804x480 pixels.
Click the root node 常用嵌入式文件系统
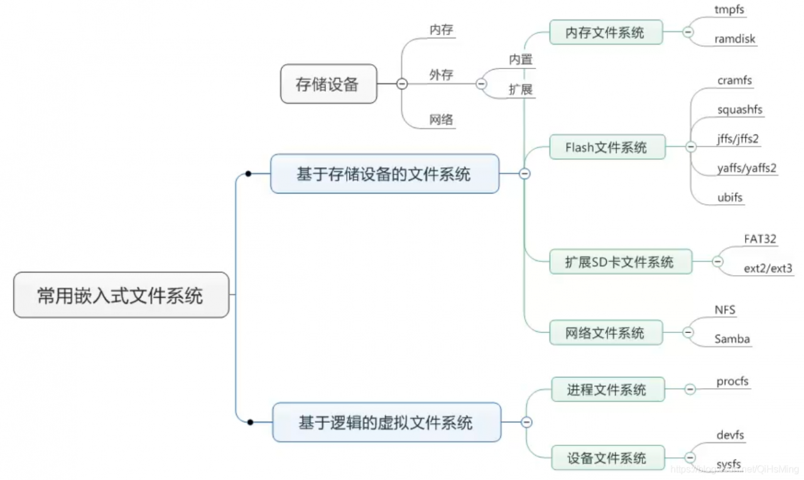[x=121, y=295]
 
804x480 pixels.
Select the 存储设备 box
[x=328, y=84]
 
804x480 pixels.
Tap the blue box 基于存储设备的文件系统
[x=384, y=174]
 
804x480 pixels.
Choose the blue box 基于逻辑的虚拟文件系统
[x=386, y=422]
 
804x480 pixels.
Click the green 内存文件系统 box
[x=606, y=32]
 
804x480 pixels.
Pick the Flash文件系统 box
[x=606, y=148]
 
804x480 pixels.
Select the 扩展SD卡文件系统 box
[x=620, y=262]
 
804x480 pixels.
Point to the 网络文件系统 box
[x=606, y=332]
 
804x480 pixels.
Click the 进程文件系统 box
[x=607, y=390]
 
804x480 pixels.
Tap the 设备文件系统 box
[x=607, y=457]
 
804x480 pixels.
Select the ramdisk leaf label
[x=735, y=39]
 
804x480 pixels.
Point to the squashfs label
[x=740, y=110]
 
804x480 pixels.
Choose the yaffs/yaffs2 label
[x=747, y=168]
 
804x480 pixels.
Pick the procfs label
[x=732, y=381]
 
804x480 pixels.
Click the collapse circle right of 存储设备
[x=402, y=84]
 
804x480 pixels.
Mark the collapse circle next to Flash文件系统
[x=691, y=148]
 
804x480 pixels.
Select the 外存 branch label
[x=441, y=75]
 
